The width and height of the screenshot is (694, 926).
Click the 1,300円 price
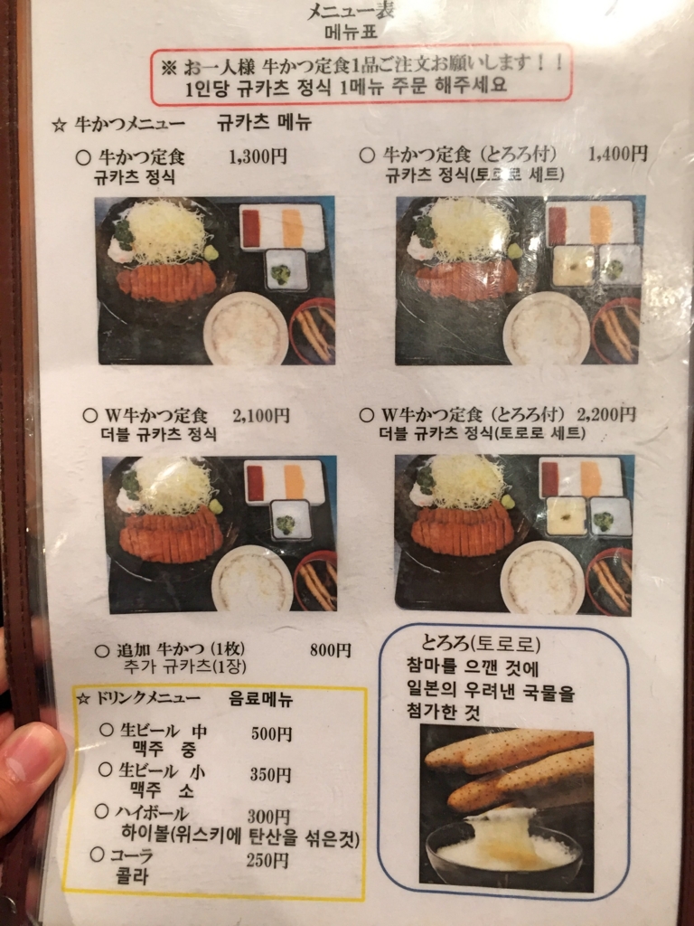tap(258, 156)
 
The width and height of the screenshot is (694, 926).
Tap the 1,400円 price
tap(617, 154)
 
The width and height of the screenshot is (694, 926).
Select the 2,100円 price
tap(261, 416)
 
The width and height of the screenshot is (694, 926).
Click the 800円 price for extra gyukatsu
tap(330, 650)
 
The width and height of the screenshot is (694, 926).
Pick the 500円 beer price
tap(271, 734)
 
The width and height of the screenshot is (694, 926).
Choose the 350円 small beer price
tap(270, 775)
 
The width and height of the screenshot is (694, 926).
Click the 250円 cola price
tap(267, 860)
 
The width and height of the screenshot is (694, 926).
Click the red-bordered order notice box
tap(361, 74)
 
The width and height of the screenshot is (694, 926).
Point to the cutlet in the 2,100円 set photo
tap(171, 535)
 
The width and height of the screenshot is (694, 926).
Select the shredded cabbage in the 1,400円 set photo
tap(468, 228)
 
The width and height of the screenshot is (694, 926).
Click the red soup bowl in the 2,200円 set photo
tap(610, 581)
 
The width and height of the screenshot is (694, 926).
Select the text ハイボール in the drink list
tap(154, 813)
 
